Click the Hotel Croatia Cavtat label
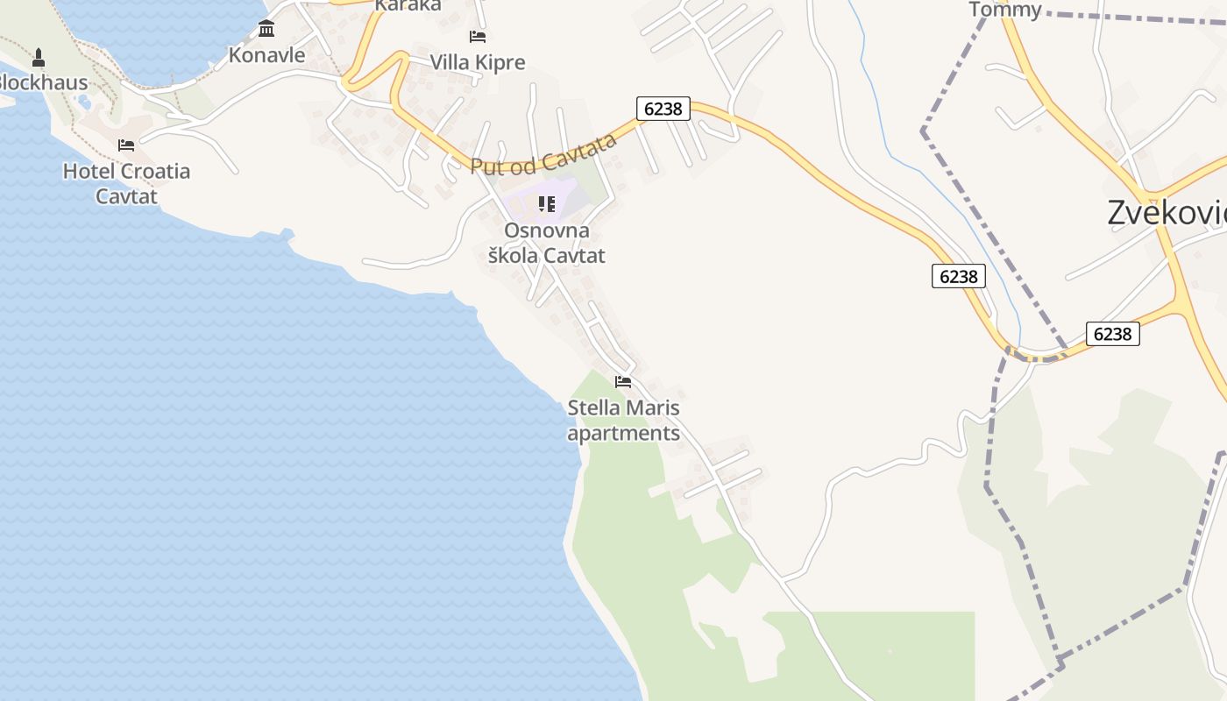126,182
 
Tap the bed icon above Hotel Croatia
126,145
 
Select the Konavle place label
266,55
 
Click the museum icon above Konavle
266,29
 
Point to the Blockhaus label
42,83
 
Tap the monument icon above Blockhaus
38,58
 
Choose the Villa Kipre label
478,62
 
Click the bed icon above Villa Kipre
478,36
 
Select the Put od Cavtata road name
543,155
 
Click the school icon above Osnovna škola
547,204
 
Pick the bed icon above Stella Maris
623,381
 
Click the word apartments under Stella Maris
623,433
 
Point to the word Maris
653,407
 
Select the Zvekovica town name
1166,213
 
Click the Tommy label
1005,10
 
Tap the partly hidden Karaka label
408,5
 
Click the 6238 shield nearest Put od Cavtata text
663,109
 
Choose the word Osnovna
547,230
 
